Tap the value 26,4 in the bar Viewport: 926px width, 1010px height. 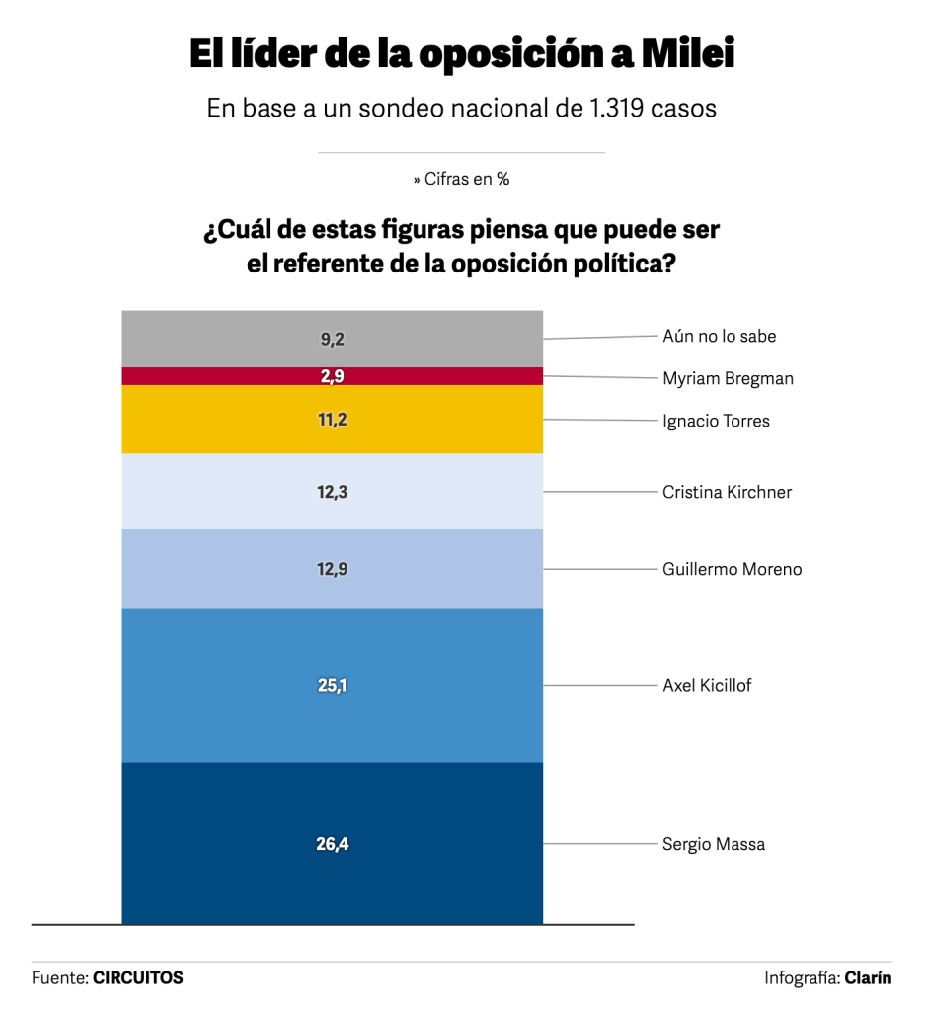(x=333, y=844)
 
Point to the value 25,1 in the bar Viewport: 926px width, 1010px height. (x=333, y=685)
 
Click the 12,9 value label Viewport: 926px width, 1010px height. (x=333, y=569)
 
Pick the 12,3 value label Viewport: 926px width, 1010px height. (x=333, y=491)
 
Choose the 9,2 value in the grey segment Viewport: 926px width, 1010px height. (x=333, y=339)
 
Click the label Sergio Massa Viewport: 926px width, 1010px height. (x=713, y=844)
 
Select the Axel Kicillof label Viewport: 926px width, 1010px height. (x=707, y=685)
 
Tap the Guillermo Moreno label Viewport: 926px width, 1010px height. (x=732, y=569)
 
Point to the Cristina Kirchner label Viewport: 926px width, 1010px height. (x=727, y=492)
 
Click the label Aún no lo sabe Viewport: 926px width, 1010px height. (x=719, y=336)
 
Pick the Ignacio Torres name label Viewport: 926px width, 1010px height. (x=716, y=421)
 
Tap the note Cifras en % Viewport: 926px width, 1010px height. (x=461, y=179)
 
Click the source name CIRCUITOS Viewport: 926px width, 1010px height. (x=138, y=977)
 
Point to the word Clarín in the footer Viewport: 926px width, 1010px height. (x=868, y=977)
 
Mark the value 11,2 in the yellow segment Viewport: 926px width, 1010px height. (x=333, y=420)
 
